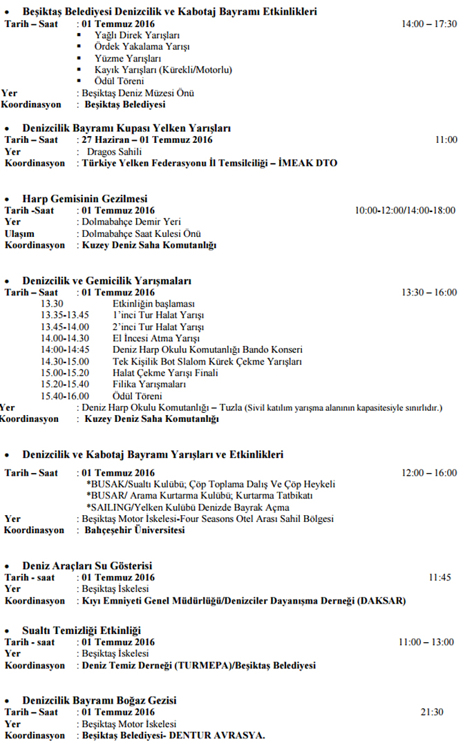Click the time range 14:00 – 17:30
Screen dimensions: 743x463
pos(428,23)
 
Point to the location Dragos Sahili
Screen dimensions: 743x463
pos(115,151)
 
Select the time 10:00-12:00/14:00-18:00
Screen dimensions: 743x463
pos(405,210)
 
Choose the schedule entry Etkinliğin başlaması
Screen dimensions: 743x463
pos(153,303)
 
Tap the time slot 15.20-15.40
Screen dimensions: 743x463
pos(65,384)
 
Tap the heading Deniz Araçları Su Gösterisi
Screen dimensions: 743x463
pos(87,566)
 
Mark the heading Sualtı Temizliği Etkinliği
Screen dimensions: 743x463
pos(82,630)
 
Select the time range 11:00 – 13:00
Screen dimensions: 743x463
pos(427,642)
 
